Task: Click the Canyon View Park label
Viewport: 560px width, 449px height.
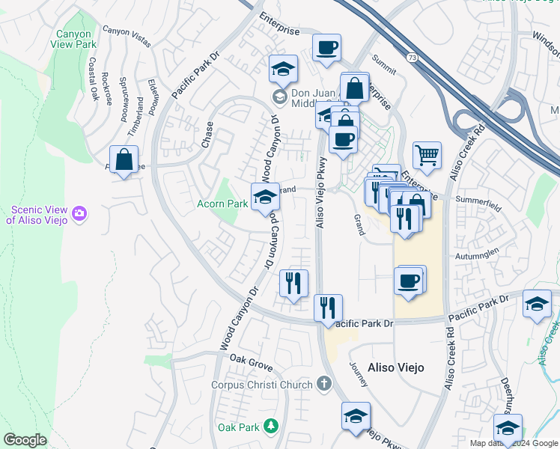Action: pyautogui.click(x=73, y=39)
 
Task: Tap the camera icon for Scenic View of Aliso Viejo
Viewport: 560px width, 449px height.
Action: pyautogui.click(x=79, y=215)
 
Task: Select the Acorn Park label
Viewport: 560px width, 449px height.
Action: pyautogui.click(x=222, y=204)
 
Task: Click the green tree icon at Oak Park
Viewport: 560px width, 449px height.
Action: pyautogui.click(x=270, y=427)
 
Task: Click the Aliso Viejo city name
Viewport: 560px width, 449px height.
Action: pyautogui.click(x=395, y=367)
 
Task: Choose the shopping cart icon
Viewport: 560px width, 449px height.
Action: pyautogui.click(x=427, y=155)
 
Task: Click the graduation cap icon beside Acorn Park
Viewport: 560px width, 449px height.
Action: pyautogui.click(x=264, y=197)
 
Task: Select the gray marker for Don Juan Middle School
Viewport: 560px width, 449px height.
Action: pyautogui.click(x=279, y=96)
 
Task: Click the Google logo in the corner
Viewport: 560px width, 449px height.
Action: pyautogui.click(x=25, y=440)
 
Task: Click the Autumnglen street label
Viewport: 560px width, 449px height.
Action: pyautogui.click(x=477, y=255)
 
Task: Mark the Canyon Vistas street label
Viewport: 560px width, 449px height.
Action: pyautogui.click(x=126, y=37)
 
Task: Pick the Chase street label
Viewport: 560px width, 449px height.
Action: pyautogui.click(x=206, y=135)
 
